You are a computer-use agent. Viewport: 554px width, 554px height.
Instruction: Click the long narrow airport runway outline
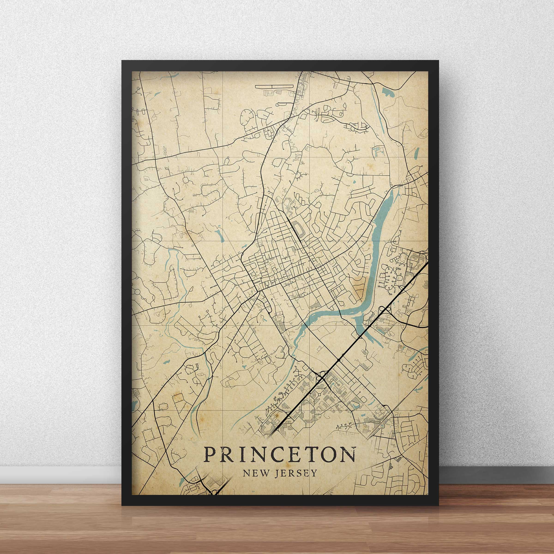274,86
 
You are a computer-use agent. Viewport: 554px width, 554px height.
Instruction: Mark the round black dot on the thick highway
339,360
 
